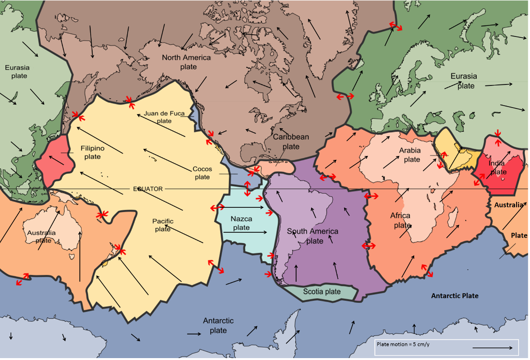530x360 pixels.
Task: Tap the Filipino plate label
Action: click(x=93, y=153)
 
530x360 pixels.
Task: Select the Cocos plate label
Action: click(x=202, y=173)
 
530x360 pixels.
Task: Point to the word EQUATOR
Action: click(x=148, y=189)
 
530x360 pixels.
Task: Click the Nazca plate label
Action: click(x=241, y=223)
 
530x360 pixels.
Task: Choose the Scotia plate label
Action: click(x=322, y=291)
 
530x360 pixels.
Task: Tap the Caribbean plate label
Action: click(x=291, y=142)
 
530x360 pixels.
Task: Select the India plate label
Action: click(x=497, y=168)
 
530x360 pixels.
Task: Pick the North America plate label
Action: click(x=186, y=62)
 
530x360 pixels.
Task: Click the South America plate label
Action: click(x=313, y=236)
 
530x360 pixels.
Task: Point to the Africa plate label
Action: click(x=401, y=220)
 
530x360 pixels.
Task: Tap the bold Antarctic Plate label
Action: click(x=454, y=296)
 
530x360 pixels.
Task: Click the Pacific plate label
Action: click(x=163, y=225)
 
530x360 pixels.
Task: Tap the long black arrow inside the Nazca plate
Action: click(x=245, y=232)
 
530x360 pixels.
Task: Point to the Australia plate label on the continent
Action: click(x=41, y=237)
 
